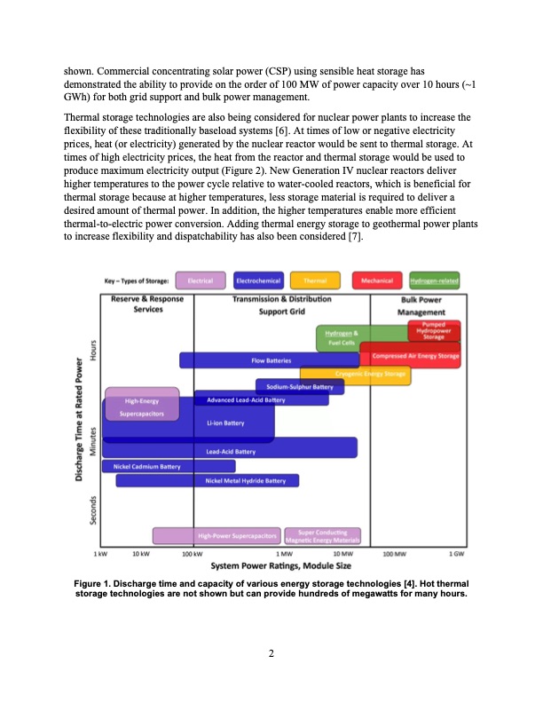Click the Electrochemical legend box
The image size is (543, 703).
(259, 281)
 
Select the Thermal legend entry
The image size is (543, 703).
(316, 281)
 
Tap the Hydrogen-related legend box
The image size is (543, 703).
(434, 281)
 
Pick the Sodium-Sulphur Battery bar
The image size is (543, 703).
(300, 387)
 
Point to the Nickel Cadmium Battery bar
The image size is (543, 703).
(169, 466)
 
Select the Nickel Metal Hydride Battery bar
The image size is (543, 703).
(207, 480)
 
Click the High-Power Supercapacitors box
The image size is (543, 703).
(217, 536)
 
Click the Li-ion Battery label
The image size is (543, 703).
(219, 423)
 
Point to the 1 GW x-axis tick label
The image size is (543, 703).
(456, 553)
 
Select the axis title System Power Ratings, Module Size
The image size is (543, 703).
(280, 565)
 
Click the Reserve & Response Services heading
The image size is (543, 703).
(147, 305)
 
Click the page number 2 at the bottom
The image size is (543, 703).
(271, 654)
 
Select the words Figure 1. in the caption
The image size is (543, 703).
(98, 583)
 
